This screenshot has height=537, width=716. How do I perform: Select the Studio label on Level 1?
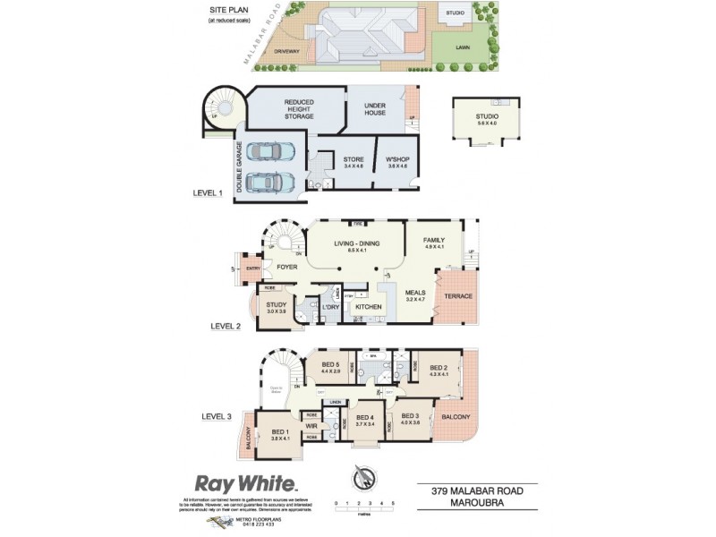click(487, 120)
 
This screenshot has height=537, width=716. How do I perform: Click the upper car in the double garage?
click(266, 151)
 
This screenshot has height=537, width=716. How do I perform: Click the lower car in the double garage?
click(266, 182)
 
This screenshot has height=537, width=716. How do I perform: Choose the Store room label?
click(354, 162)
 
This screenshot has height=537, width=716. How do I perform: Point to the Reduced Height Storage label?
click(299, 109)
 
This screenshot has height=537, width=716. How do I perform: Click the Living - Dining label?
click(355, 245)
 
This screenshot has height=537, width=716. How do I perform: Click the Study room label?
click(276, 308)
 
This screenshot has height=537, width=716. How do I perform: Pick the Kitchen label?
click(369, 307)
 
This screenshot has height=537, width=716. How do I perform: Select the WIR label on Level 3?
click(312, 426)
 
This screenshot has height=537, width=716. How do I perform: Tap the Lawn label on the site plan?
click(463, 46)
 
